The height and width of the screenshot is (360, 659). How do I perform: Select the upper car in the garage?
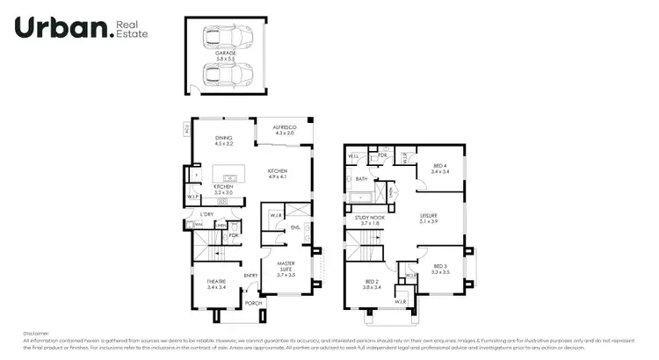(226, 38)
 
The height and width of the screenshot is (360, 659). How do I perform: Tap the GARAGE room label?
(226, 54)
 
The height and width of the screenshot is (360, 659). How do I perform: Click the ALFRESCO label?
(284, 129)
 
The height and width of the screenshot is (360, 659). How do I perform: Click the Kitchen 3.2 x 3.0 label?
(223, 189)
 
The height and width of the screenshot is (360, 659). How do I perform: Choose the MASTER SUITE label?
(286, 265)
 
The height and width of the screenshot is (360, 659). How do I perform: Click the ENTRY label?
(250, 275)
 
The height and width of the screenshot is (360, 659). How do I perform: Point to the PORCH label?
(253, 303)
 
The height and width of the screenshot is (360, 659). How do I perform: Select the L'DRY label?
(207, 215)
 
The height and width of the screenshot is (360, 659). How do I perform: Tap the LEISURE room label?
(428, 217)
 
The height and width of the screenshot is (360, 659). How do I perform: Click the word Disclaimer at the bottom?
(37, 333)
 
